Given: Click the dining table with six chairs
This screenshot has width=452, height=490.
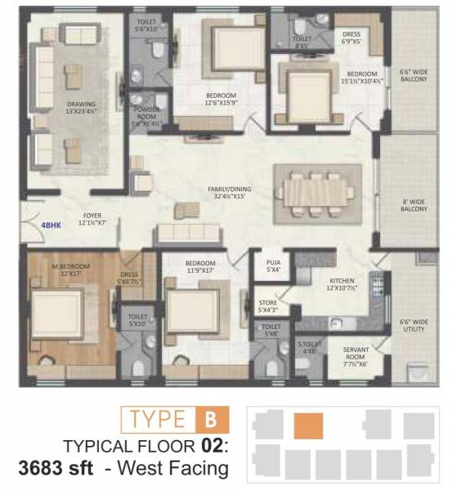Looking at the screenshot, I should click(x=315, y=190).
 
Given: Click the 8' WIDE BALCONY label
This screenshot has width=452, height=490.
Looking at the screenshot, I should click(x=414, y=204).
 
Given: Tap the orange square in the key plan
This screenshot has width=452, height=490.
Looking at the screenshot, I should click(x=308, y=425).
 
